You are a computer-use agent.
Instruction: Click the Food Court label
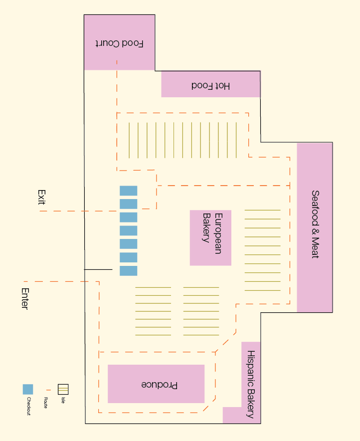click(120, 43)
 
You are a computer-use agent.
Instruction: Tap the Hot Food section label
click(211, 86)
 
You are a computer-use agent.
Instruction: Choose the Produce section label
click(160, 385)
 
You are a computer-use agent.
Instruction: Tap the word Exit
click(41, 198)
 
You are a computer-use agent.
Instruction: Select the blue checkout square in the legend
click(28, 390)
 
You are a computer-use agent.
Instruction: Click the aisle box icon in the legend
click(63, 389)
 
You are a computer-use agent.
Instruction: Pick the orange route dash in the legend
click(48, 390)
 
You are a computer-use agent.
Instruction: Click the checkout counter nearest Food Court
click(128, 191)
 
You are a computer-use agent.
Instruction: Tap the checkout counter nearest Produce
click(128, 271)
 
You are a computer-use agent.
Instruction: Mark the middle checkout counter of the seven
click(128, 230)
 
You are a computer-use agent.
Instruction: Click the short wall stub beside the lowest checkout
click(98, 269)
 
